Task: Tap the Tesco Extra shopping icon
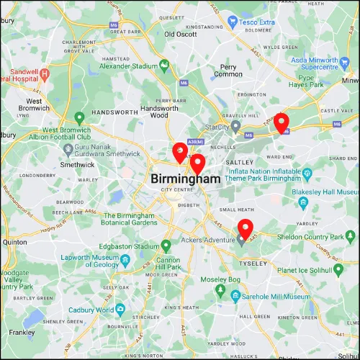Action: click(x=233, y=22)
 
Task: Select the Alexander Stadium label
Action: click(x=128, y=66)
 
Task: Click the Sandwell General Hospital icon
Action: click(x=45, y=73)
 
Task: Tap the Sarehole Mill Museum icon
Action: click(x=235, y=295)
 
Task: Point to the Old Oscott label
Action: click(x=180, y=34)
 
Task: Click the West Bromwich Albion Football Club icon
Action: click(x=81, y=116)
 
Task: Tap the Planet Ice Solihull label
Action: click(x=318, y=269)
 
